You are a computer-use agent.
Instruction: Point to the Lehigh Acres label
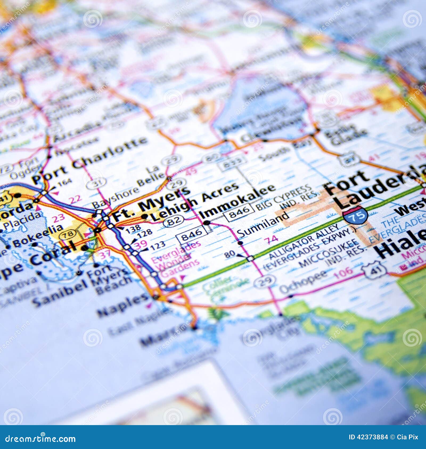(194, 202)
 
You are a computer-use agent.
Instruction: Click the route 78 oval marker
(68, 234)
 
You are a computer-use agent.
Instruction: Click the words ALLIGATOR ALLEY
(304, 242)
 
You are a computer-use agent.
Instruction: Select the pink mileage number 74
(271, 240)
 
